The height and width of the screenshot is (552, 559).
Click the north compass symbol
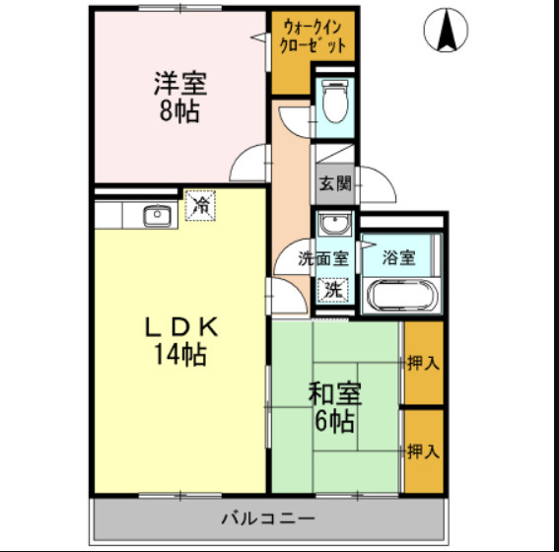click(447, 32)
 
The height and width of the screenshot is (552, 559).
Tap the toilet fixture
click(334, 102)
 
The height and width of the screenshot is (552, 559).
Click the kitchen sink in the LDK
click(157, 215)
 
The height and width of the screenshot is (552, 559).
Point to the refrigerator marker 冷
click(201, 205)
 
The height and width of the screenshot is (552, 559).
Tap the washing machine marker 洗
click(335, 290)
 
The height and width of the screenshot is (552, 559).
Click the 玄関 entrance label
click(334, 183)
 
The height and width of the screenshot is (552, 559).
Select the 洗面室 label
click(324, 259)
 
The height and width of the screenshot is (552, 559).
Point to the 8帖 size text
click(179, 110)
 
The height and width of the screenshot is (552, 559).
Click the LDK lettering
click(178, 327)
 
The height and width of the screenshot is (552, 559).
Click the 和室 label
click(334, 393)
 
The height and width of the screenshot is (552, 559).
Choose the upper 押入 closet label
click(423, 363)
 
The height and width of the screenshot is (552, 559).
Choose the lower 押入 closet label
click(423, 451)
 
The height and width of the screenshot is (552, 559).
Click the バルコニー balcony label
click(267, 517)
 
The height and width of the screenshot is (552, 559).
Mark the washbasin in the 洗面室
click(335, 222)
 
